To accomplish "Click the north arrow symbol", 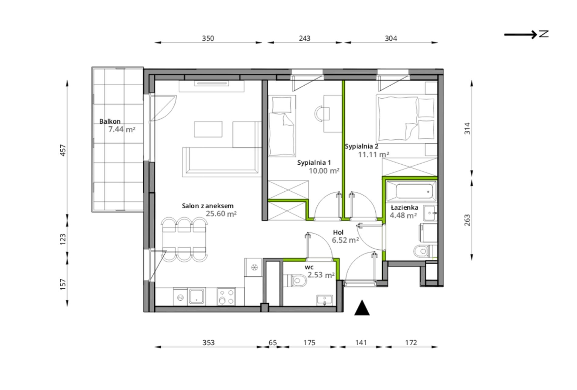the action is (527, 34).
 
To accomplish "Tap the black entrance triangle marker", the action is (362, 308).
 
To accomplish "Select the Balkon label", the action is (110, 121).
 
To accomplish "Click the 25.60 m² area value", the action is (221, 214).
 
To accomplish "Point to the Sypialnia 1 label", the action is (314, 163).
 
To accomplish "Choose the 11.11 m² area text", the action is (374, 155).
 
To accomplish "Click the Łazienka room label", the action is (405, 207).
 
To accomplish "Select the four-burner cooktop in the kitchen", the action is (226, 296).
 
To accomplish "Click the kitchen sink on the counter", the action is (196, 296).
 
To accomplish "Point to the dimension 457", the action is (63, 150).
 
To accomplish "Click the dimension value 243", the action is (305, 38).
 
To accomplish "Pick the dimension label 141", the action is (361, 343).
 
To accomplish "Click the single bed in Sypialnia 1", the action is (282, 126).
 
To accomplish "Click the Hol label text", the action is (338, 232).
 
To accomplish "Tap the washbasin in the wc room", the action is (325, 300).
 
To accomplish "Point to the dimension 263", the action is (467, 220).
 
